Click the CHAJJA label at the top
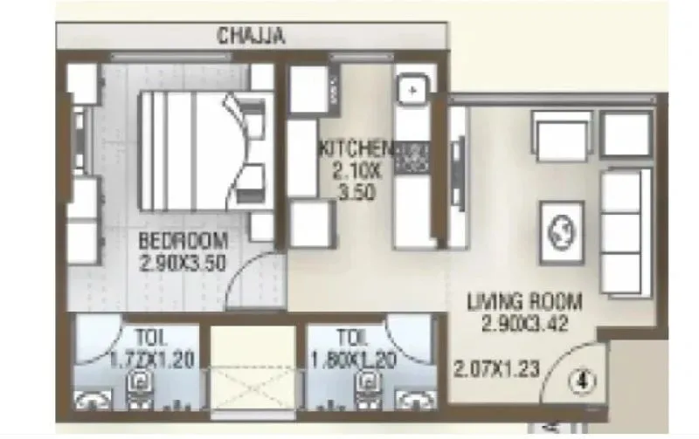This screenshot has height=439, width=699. click(x=252, y=36)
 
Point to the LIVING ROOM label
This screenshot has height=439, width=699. click(x=523, y=303)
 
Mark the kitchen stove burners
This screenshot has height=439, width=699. click(x=411, y=157)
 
